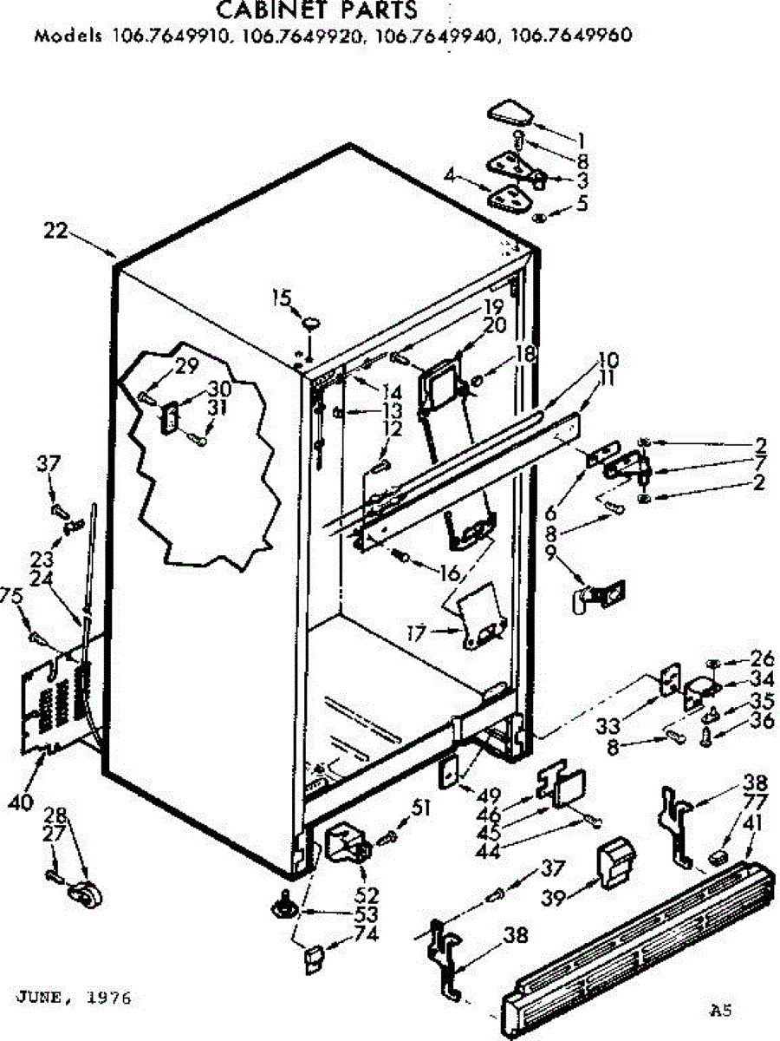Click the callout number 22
(55, 231)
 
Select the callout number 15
(280, 299)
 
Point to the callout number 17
(416, 634)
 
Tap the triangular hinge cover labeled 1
(513, 113)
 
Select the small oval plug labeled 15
(309, 324)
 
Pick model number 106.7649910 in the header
(169, 36)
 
